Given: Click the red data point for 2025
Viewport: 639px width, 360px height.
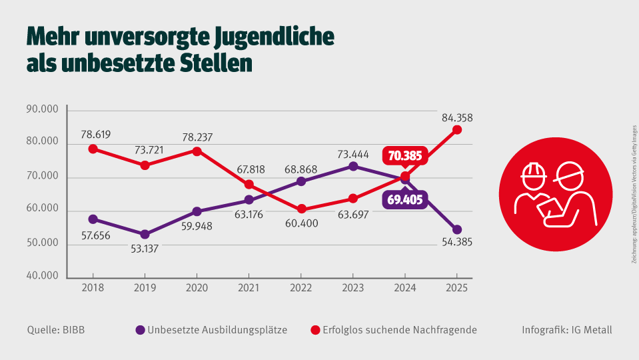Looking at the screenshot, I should (x=456, y=130).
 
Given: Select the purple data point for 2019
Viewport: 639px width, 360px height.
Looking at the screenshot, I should (x=145, y=235).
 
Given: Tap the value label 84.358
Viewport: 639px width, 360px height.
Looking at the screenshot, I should (x=456, y=118).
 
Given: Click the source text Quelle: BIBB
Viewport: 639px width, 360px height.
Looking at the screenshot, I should (x=56, y=330).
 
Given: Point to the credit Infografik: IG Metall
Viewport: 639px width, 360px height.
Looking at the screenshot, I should (x=567, y=330).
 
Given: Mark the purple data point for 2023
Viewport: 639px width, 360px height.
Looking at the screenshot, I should (x=353, y=166).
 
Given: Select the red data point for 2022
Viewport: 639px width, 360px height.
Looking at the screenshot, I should (x=301, y=209).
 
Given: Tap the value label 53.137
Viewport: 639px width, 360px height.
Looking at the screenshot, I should (x=145, y=249).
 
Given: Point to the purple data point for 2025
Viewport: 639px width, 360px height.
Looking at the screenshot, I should (x=456, y=229).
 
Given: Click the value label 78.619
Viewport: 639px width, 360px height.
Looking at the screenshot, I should (x=93, y=134).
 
